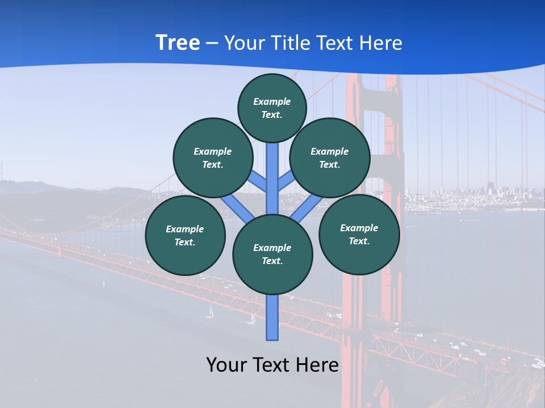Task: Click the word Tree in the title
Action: click(178, 43)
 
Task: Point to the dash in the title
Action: click(212, 43)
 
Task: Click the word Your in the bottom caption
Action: click(228, 365)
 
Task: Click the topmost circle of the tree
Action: click(272, 108)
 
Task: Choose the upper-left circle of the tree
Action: click(213, 158)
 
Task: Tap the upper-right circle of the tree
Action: click(330, 158)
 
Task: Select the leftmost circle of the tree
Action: click(185, 235)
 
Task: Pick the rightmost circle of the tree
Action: click(359, 234)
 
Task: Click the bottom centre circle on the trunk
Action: click(272, 254)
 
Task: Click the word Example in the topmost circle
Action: click(272, 101)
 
